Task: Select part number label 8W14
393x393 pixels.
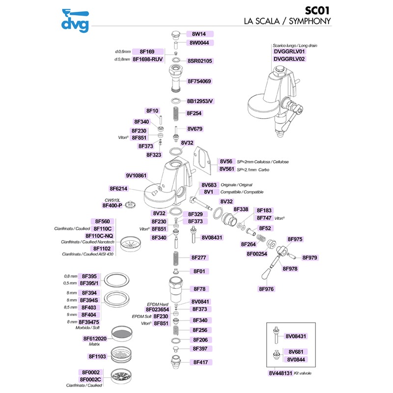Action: click(x=199, y=34)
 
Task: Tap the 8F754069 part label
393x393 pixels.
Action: click(x=199, y=81)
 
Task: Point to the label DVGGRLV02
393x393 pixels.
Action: click(x=289, y=59)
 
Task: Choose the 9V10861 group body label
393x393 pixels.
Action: click(x=137, y=175)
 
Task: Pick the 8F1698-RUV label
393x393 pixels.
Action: click(x=147, y=59)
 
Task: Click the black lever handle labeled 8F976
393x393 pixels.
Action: click(x=268, y=274)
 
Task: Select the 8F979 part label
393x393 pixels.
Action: click(x=310, y=257)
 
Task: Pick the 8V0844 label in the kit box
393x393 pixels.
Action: click(x=297, y=359)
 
